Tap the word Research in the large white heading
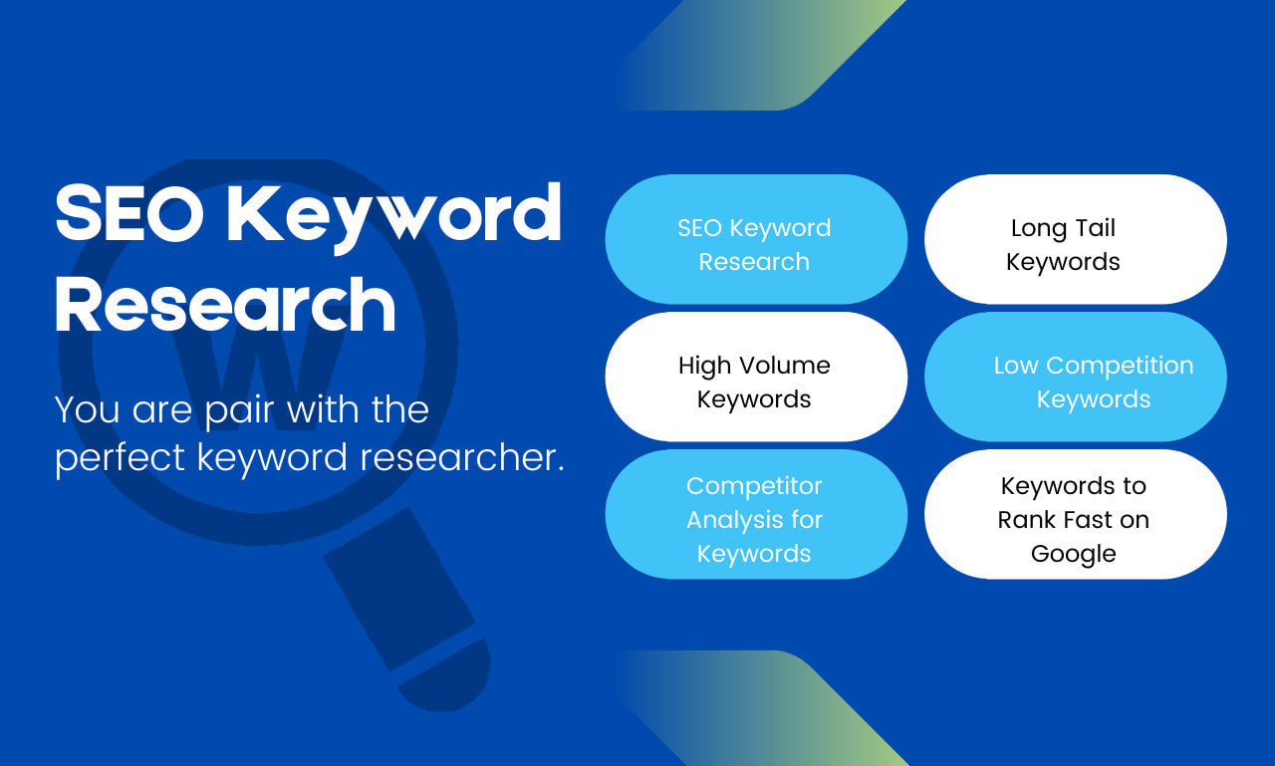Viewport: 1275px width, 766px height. [225, 305]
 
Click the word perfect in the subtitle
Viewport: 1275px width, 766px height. [120, 458]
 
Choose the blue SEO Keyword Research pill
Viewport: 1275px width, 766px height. [756, 240]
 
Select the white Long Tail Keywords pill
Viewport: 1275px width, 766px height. [1075, 240]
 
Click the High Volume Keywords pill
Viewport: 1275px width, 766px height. [756, 378]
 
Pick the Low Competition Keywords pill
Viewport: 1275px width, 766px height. [1075, 378]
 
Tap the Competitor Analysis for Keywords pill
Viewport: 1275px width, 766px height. [756, 515]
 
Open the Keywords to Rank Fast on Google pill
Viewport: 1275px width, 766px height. [1075, 515]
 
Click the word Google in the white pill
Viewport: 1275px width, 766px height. [1073, 554]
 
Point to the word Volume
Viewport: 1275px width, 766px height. [783, 366]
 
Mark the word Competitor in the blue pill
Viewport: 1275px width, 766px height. [754, 486]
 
